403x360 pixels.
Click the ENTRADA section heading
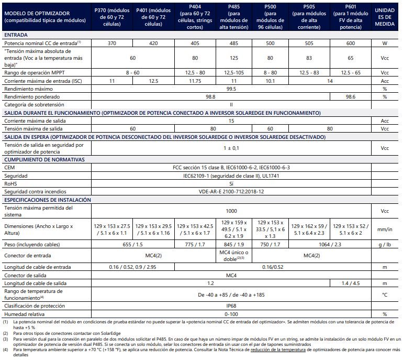pos(16,34)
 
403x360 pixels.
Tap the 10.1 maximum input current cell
pos(270,81)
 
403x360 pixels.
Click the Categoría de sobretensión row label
pos(33,105)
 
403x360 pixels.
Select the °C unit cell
pos(385,294)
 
